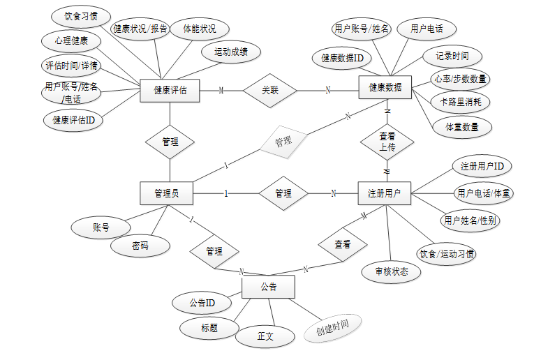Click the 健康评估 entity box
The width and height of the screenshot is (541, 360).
pos(170,90)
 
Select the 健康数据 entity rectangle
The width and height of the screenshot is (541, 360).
pos(385,88)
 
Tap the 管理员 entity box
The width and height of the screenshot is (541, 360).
pos(166,193)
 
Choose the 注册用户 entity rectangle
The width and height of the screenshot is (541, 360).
pos(385,193)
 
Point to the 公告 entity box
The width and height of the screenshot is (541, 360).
pos(268,287)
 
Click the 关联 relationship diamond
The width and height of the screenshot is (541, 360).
pos(269,90)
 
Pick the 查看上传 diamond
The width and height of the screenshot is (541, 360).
pos(387,142)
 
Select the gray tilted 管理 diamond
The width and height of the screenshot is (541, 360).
pos(283,142)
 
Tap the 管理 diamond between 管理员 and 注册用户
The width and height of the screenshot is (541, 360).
pos(283,193)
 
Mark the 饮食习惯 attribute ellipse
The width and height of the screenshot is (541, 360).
pos(80,15)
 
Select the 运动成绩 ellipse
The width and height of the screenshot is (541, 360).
pos(232,52)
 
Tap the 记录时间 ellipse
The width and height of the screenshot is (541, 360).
pos(452,56)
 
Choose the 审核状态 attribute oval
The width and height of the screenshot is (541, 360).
pos(392,272)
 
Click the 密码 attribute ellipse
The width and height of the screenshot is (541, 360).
pos(140,246)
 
